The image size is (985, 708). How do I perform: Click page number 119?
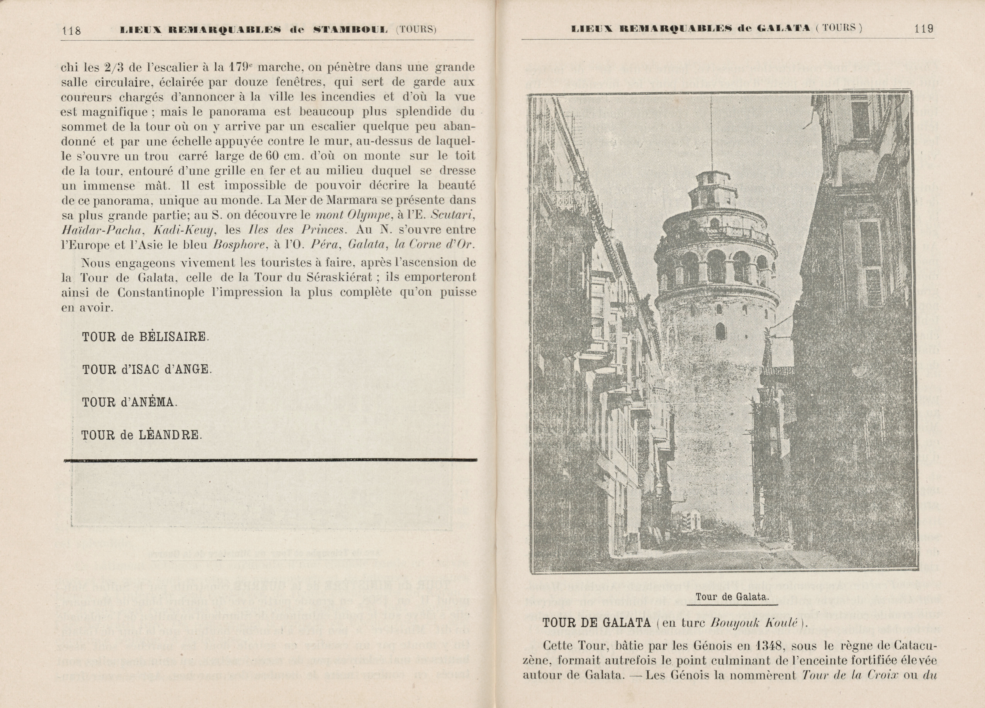point(924,29)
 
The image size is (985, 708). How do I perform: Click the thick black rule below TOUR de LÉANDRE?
point(270,460)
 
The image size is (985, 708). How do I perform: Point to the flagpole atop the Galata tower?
point(711,135)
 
